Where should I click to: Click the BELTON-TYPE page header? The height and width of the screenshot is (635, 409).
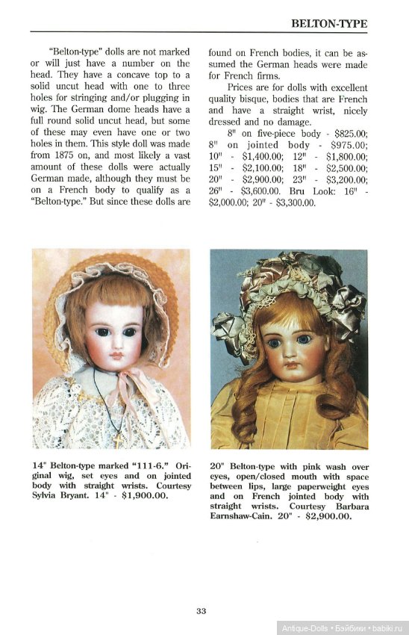click(330, 24)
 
